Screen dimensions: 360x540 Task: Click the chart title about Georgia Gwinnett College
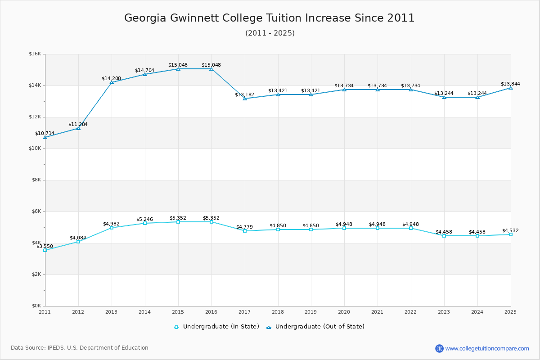270,18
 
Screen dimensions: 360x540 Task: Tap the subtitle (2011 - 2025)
270,33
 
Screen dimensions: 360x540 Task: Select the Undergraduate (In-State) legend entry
217,327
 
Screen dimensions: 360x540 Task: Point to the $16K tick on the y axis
35,54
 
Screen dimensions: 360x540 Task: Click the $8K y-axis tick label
36,180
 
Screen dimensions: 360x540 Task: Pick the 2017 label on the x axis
244,311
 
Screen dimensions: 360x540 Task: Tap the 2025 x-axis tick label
510,311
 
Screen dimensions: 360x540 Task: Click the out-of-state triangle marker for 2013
112,82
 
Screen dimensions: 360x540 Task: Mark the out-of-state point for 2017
245,99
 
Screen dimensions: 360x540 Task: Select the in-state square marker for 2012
78,242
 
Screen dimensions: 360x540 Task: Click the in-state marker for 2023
444,236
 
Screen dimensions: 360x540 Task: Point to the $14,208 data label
111,78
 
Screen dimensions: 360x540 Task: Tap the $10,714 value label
45,133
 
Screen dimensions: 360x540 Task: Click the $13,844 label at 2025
510,84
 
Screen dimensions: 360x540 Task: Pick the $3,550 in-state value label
45,246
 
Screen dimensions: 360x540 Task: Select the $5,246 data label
144,219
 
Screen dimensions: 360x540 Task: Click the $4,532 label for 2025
510,230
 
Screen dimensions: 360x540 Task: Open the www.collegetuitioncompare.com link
487,348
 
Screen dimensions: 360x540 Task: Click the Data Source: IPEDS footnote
80,348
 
